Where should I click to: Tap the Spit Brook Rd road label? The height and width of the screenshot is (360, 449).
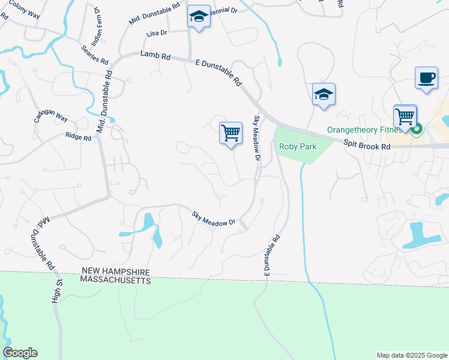(x=367, y=145)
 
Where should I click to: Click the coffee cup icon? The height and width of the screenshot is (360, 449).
(x=426, y=79)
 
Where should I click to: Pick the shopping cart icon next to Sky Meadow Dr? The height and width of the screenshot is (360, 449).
(x=231, y=133)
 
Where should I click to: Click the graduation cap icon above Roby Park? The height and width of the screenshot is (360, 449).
(x=324, y=95)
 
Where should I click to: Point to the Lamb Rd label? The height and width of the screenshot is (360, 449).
(x=155, y=55)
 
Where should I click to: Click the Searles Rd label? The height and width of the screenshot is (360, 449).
(x=96, y=53)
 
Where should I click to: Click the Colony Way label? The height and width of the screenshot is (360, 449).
(x=25, y=12)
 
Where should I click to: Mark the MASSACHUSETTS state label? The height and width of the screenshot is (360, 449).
(x=116, y=280)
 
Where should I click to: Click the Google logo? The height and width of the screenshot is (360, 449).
(x=20, y=353)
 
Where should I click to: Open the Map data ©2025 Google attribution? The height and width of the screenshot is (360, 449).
(x=411, y=355)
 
